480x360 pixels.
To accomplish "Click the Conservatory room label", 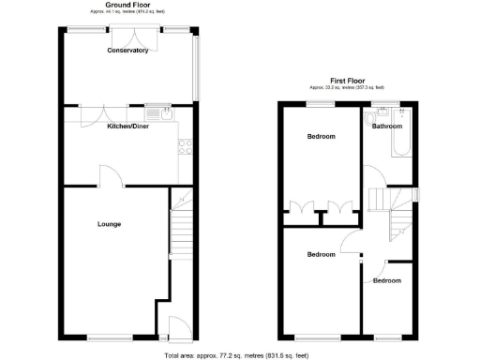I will pos(127,51).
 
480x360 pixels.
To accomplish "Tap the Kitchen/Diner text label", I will pos(127,126).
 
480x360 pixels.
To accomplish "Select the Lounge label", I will pos(109,224).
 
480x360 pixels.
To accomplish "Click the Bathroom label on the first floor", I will pos(386,126).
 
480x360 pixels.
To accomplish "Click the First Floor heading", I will pos(348,81).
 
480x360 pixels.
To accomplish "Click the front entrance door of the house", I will pos(173,328).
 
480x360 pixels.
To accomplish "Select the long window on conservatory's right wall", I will pos(195,66).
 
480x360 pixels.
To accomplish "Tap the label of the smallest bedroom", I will pos(386,280).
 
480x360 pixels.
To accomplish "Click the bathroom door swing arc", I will pos(373,172).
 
